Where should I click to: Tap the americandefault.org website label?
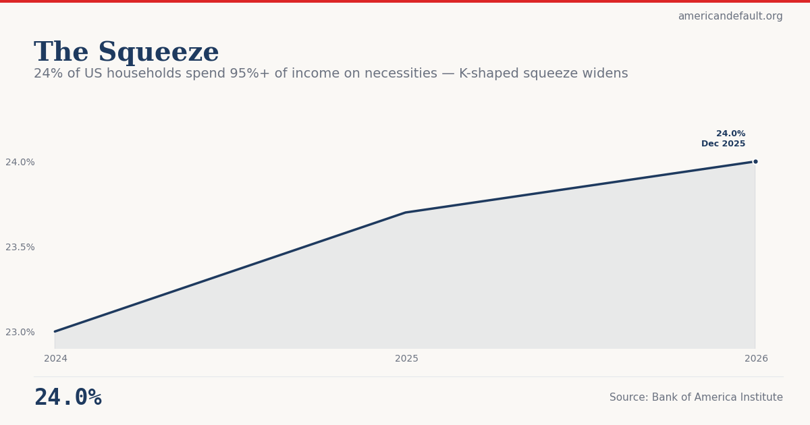coord(730,16)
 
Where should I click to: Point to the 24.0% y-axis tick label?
coord(20,162)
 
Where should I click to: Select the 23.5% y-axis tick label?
coord(20,247)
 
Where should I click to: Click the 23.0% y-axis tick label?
coord(20,332)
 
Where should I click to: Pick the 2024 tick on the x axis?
coord(55,359)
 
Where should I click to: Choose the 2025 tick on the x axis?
coord(406,359)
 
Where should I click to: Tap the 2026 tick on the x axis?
coord(756,359)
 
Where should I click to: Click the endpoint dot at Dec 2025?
coord(755,161)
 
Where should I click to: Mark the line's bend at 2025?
coord(405,213)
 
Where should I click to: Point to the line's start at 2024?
coord(55,331)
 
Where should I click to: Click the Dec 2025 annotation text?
coord(723,144)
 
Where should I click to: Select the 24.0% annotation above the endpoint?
coord(730,134)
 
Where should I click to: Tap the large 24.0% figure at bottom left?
coord(67,398)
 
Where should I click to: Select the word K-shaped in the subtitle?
coord(487,74)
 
